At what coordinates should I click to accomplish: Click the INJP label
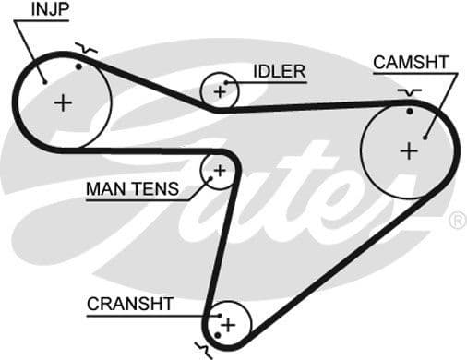(x=51, y=10)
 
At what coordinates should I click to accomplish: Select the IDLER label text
(x=279, y=70)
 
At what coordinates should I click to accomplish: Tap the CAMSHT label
(x=411, y=62)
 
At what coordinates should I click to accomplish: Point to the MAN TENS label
(x=133, y=190)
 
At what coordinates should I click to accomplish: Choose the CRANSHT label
(x=130, y=304)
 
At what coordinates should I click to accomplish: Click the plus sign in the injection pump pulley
(x=63, y=102)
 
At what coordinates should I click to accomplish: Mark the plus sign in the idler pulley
(x=220, y=90)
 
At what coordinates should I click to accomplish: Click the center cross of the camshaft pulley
(x=409, y=150)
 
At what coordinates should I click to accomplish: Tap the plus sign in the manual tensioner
(x=220, y=170)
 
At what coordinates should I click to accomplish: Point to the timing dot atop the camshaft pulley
(x=409, y=112)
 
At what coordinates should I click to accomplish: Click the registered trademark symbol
(x=456, y=221)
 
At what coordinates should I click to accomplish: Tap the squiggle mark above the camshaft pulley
(x=409, y=92)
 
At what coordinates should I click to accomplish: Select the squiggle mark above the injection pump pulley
(x=85, y=47)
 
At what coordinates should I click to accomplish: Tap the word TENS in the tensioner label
(x=160, y=190)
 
